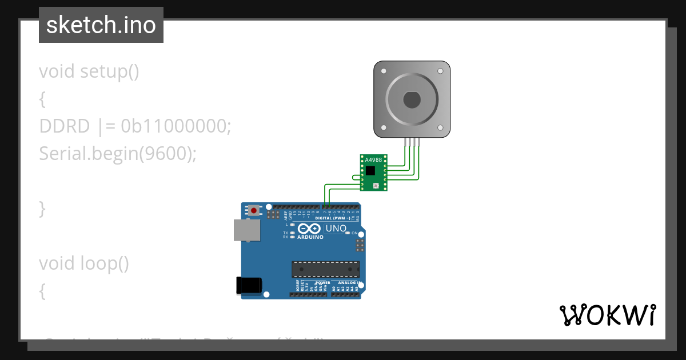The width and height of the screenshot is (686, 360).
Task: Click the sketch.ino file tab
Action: [101, 25]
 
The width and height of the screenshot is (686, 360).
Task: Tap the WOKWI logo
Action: [607, 315]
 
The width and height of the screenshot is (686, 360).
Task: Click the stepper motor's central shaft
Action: [412, 100]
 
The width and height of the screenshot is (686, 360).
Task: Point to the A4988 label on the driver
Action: [373, 160]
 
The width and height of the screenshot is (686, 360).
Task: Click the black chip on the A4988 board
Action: [371, 170]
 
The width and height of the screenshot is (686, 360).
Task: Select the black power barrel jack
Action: [249, 285]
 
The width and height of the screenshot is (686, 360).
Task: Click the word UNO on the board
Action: [336, 229]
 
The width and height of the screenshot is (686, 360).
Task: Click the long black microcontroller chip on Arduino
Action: [326, 269]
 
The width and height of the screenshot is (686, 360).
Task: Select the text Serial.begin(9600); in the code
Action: [118, 153]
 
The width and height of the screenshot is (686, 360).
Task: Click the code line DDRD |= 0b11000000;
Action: [135, 126]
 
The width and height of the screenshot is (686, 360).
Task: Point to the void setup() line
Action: [89, 71]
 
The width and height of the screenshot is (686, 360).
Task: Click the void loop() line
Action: [84, 263]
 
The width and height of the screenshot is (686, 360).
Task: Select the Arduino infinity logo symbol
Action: [309, 229]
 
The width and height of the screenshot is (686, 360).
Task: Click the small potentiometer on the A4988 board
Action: [376, 186]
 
